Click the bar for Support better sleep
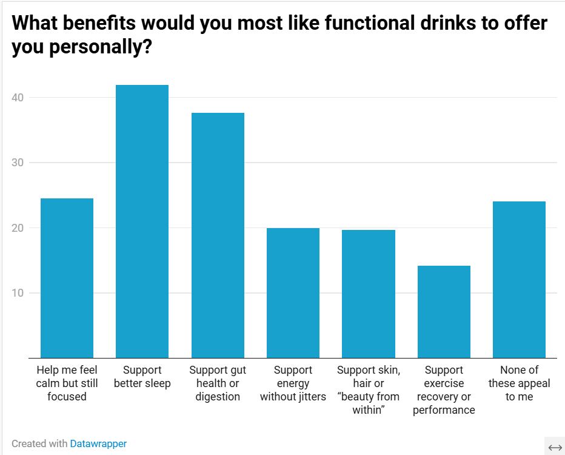(142, 221)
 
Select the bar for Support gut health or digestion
(218, 235)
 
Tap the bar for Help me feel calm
(67, 278)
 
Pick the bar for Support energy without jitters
(293, 293)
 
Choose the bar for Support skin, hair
(369, 294)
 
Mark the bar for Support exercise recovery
(444, 312)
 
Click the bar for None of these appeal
(519, 280)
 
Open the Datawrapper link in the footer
(98, 443)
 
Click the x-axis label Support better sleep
(142, 377)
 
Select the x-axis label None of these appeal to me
(519, 383)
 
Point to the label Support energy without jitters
(293, 383)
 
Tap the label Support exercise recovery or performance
(444, 389)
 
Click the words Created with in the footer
(39, 443)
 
